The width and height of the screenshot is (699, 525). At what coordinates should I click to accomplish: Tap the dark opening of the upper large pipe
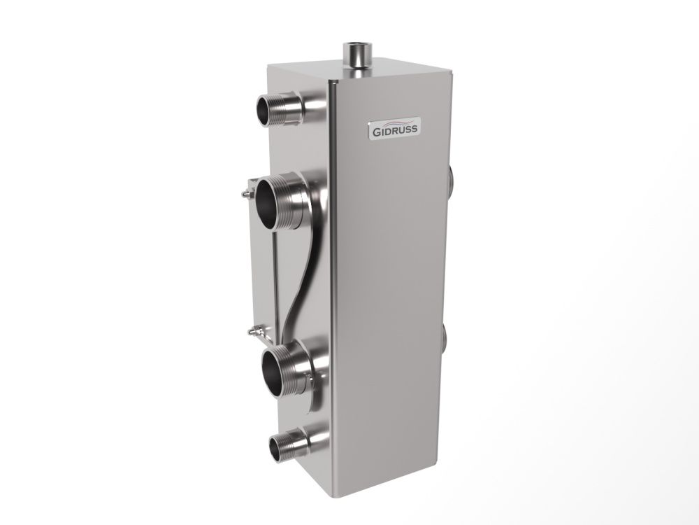tap(269, 203)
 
